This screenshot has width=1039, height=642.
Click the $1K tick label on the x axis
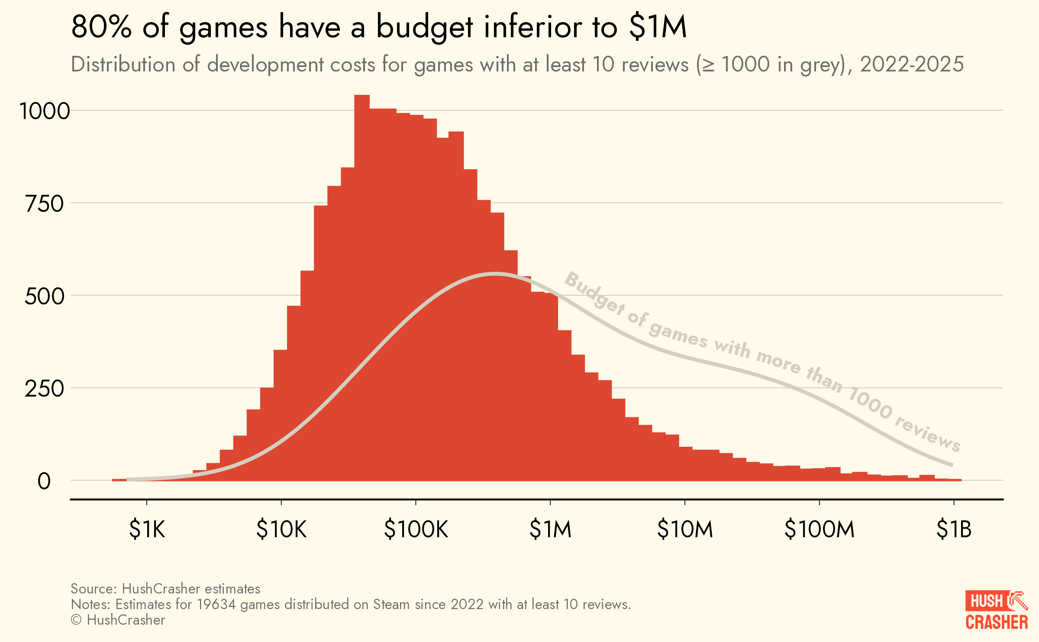(147, 529)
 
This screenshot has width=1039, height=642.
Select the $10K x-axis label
(281, 529)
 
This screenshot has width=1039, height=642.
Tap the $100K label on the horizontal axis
(416, 529)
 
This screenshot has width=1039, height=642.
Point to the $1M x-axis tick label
(550, 529)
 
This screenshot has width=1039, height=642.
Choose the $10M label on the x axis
(685, 529)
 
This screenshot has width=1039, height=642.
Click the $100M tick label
(819, 529)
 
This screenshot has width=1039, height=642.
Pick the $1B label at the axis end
(954, 529)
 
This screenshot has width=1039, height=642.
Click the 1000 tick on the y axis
(45, 111)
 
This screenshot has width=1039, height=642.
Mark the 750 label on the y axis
(45, 204)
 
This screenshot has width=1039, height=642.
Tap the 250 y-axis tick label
(45, 389)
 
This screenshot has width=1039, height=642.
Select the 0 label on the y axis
(44, 481)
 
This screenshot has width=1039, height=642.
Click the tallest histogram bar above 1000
(362, 260)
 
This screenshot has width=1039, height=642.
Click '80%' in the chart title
(101, 27)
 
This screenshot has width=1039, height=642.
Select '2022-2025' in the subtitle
(911, 65)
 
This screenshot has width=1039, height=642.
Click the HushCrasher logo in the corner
(996, 610)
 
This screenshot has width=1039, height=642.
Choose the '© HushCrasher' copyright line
(118, 620)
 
